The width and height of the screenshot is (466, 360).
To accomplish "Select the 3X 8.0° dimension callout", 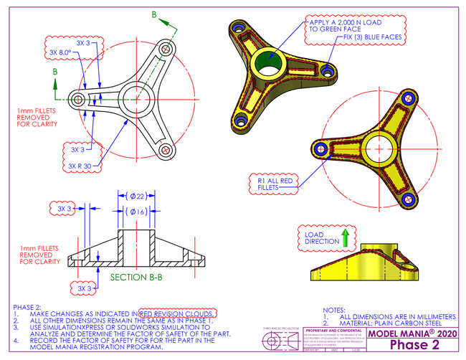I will pos(60,52).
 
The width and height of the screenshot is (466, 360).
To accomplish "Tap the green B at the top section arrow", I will pos(153,14).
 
